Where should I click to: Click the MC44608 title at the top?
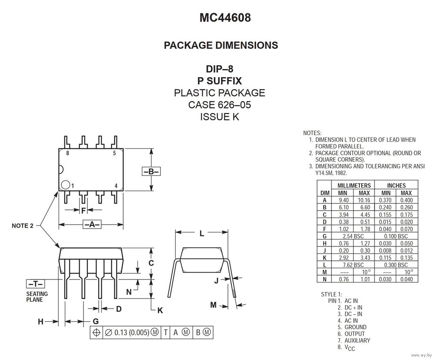click(225, 18)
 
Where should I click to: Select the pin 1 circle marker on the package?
click(66, 185)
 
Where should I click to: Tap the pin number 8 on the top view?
click(68, 153)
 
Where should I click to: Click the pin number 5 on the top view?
click(114, 153)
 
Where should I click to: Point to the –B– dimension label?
click(151, 172)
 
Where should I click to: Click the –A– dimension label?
click(92, 225)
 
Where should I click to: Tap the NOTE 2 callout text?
click(23, 225)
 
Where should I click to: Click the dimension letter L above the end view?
click(202, 233)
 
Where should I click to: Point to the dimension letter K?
click(160, 310)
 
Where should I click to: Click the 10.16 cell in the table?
click(364, 200)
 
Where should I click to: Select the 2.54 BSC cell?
click(353, 236)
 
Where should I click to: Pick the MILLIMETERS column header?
click(354, 185)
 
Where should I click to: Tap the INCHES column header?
click(396, 185)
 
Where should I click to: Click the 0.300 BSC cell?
click(396, 265)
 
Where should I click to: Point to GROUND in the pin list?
click(355, 327)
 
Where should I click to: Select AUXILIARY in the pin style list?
click(357, 340)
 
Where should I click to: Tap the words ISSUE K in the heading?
click(220, 117)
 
